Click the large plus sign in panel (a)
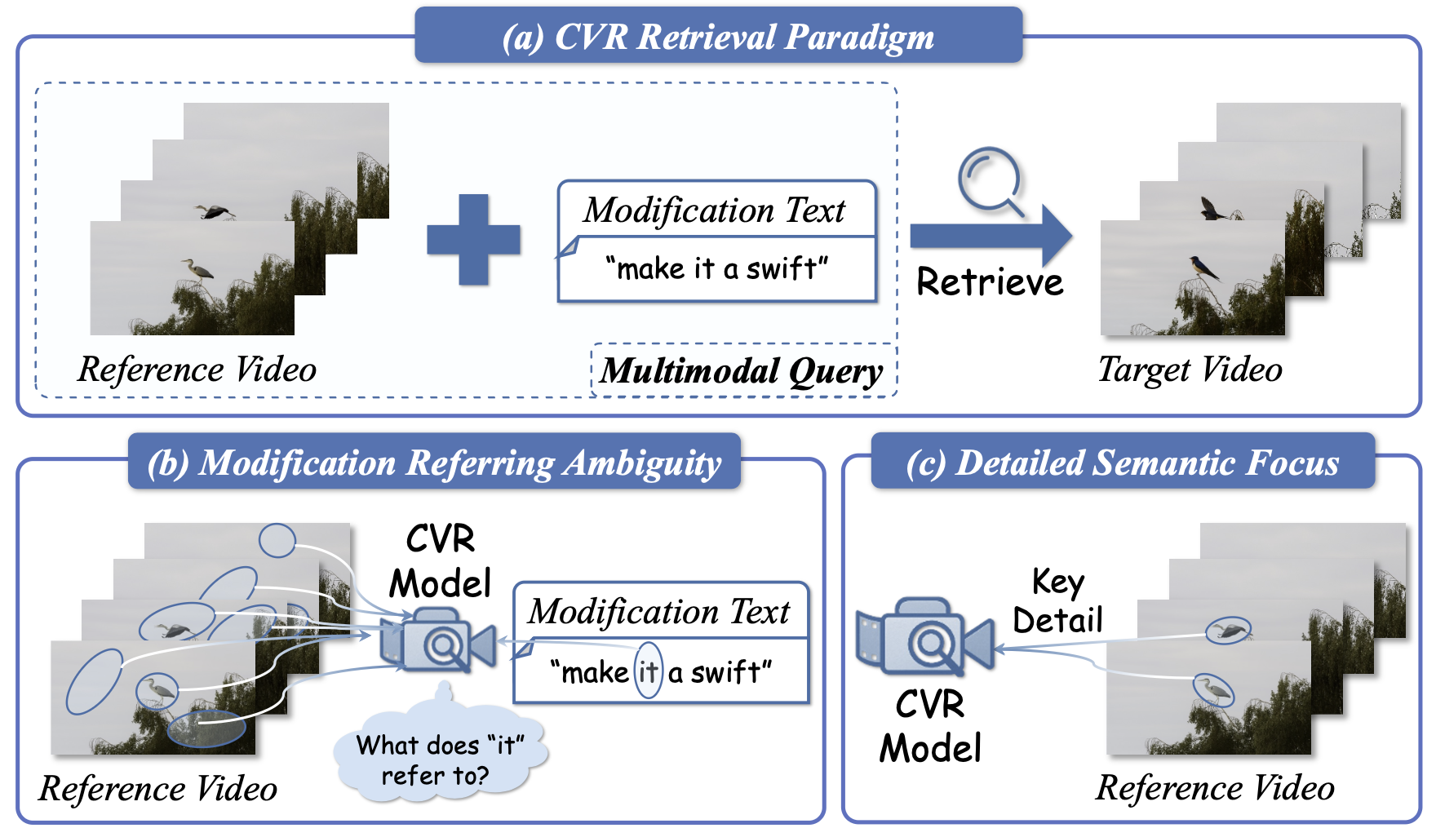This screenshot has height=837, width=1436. click(x=473, y=239)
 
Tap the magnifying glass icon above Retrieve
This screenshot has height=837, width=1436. click(x=989, y=179)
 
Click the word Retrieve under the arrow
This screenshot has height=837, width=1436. click(x=990, y=282)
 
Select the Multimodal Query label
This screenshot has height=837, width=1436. click(x=741, y=371)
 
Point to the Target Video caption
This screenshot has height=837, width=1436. click(x=1190, y=370)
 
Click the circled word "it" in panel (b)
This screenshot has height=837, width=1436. click(x=649, y=672)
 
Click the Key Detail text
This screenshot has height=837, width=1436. click(x=1057, y=601)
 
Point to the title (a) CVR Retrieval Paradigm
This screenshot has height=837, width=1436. click(x=718, y=37)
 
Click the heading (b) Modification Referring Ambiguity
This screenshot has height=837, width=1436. click(x=434, y=463)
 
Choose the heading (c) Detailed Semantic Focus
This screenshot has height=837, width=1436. click(x=1123, y=463)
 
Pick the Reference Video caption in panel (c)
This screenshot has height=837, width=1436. click(x=1215, y=788)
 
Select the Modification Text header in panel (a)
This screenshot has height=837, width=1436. click(x=715, y=210)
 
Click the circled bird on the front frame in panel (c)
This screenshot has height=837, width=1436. click(x=1213, y=689)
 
